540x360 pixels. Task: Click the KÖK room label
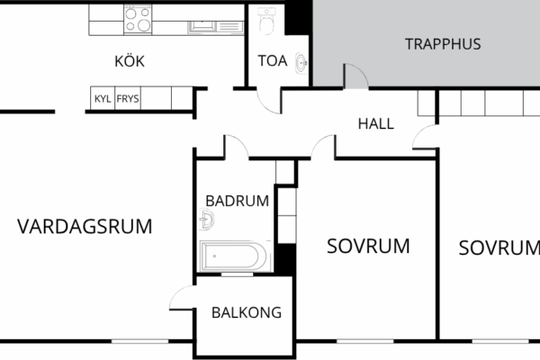tap(130, 61)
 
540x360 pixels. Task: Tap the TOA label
tap(273, 60)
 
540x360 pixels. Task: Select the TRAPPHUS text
tap(443, 44)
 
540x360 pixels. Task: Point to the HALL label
tap(375, 123)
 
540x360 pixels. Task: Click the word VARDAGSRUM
tap(85, 226)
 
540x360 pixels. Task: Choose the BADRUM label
tap(238, 201)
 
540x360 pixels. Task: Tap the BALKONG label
tap(247, 312)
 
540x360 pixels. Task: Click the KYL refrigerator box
tap(103, 98)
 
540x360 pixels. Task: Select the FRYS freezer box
tap(128, 98)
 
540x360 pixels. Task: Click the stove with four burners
tap(138, 20)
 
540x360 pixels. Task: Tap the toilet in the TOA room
tap(266, 21)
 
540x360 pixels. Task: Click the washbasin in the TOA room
tap(301, 63)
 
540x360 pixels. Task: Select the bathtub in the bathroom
tap(234, 256)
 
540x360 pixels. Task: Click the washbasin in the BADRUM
tap(207, 220)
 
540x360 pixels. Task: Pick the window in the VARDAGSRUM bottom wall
tap(139, 341)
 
